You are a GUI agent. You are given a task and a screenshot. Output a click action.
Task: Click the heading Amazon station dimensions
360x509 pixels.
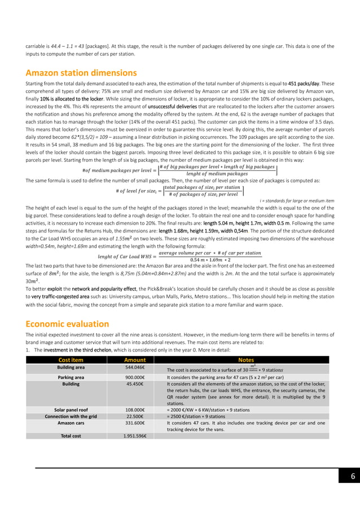point(81,73)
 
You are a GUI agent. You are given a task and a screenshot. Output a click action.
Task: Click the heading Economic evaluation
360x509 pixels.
point(67,324)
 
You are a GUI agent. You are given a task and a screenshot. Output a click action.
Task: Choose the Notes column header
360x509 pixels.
point(246,360)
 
